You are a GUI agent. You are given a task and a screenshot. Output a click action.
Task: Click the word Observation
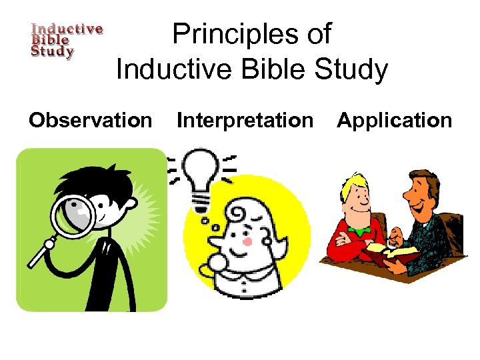90,121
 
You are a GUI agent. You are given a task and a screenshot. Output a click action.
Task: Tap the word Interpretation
244,121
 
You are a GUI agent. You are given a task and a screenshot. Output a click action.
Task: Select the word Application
394,121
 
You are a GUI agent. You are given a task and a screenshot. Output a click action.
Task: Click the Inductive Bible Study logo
67,41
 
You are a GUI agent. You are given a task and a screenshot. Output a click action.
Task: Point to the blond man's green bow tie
361,231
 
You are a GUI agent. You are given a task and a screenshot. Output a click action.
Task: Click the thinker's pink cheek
247,241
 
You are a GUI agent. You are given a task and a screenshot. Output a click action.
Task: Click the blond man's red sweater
347,247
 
